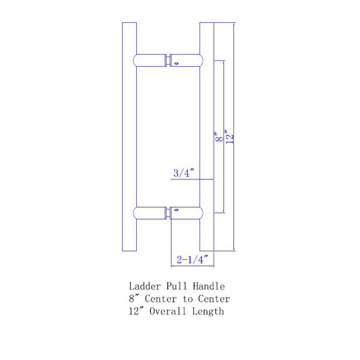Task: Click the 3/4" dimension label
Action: coord(184,173)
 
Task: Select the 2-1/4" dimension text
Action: coord(192,260)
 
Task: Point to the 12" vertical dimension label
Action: coord(228,136)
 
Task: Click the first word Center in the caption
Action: coord(159,299)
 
